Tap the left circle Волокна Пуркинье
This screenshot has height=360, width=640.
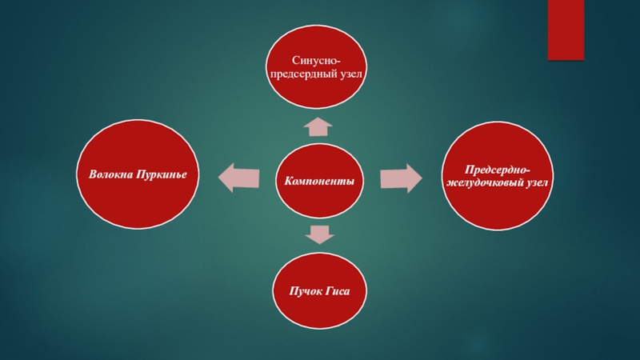pos(138,173)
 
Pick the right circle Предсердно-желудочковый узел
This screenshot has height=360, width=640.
pos(498,178)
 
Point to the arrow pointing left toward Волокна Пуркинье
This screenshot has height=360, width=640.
pos(239,177)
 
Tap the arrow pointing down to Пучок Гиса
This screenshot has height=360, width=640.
pos(319,233)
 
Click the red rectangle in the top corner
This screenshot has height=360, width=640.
pos(566,30)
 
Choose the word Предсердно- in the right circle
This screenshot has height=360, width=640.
pos(498,170)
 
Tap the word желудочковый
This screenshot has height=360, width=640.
pos(485,186)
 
